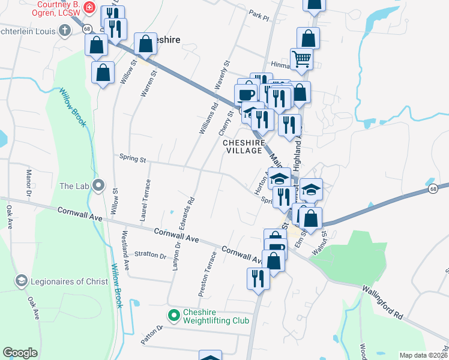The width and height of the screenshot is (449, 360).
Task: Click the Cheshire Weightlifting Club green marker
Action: point(173,314)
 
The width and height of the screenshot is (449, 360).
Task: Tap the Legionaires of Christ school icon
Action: point(21,280)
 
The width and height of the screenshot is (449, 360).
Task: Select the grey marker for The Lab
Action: point(100,185)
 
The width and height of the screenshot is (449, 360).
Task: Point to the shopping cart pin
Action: point(301,59)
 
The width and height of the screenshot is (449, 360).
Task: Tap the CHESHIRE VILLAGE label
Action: point(243,147)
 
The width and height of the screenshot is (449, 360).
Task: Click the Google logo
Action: point(20,353)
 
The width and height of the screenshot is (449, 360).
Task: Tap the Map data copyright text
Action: point(423,355)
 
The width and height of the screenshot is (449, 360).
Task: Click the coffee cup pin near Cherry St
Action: point(244,95)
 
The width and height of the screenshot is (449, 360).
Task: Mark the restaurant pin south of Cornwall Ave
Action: point(258,278)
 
